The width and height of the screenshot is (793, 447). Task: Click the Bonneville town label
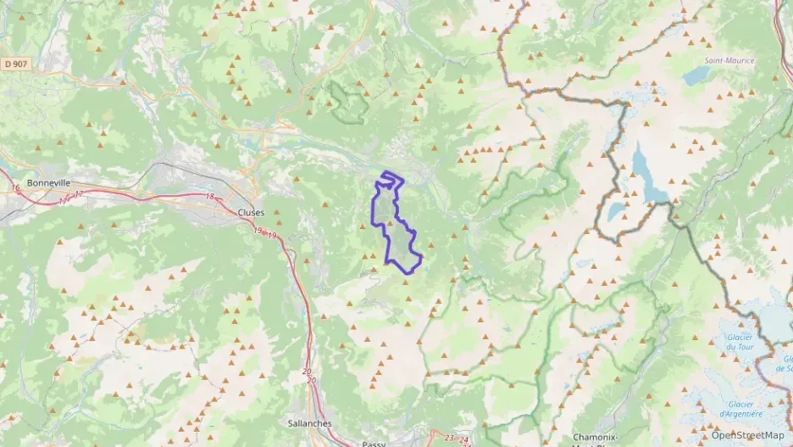point(48,182)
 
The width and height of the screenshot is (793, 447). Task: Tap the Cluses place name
point(252,212)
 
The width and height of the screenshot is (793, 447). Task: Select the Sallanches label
point(310,423)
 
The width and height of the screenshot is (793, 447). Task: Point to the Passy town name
point(373,443)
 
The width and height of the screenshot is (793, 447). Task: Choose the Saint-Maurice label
point(729,61)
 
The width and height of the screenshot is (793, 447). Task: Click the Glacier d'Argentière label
point(740,409)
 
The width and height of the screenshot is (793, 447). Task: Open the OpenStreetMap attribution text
point(747,435)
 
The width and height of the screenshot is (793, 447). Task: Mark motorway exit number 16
point(15,187)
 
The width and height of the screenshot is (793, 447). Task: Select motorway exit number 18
point(210,197)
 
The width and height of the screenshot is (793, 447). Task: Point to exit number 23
point(449,438)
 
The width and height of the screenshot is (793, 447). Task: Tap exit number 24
point(465,439)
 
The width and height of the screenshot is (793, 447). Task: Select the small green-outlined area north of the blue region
point(347,100)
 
